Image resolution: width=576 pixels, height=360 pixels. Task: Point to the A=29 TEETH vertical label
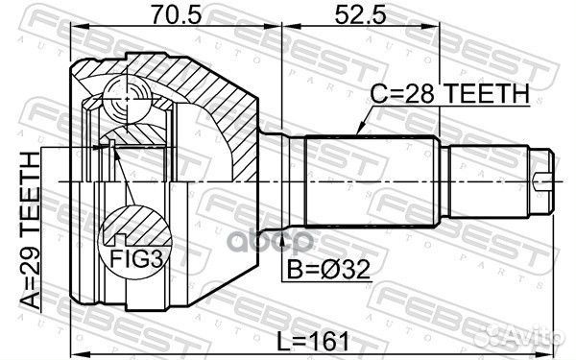tap(31, 230)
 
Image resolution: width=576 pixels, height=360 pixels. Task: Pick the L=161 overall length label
tap(319, 341)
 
